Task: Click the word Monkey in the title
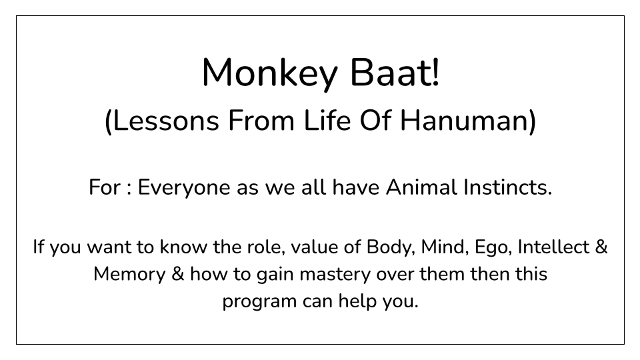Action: click(269, 74)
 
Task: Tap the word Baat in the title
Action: click(389, 73)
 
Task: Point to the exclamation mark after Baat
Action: click(435, 72)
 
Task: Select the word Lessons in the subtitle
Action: click(166, 121)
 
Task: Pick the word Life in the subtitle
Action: click(327, 121)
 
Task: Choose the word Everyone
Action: click(184, 188)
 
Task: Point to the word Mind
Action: click(445, 247)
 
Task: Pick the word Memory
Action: click(129, 275)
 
